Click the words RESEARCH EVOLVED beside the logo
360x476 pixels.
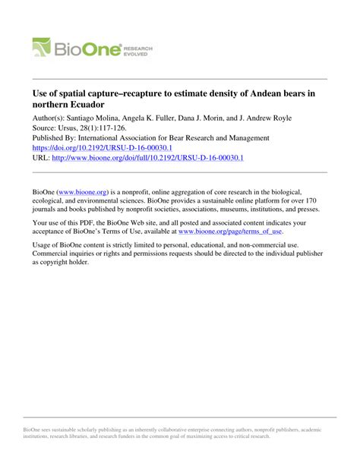[x=139, y=50]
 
